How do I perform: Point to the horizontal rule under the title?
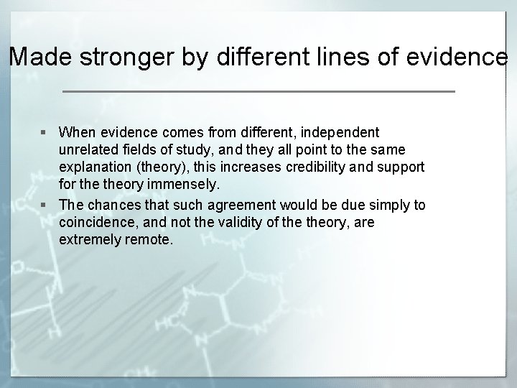point(258,92)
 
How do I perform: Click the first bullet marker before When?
point(45,133)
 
